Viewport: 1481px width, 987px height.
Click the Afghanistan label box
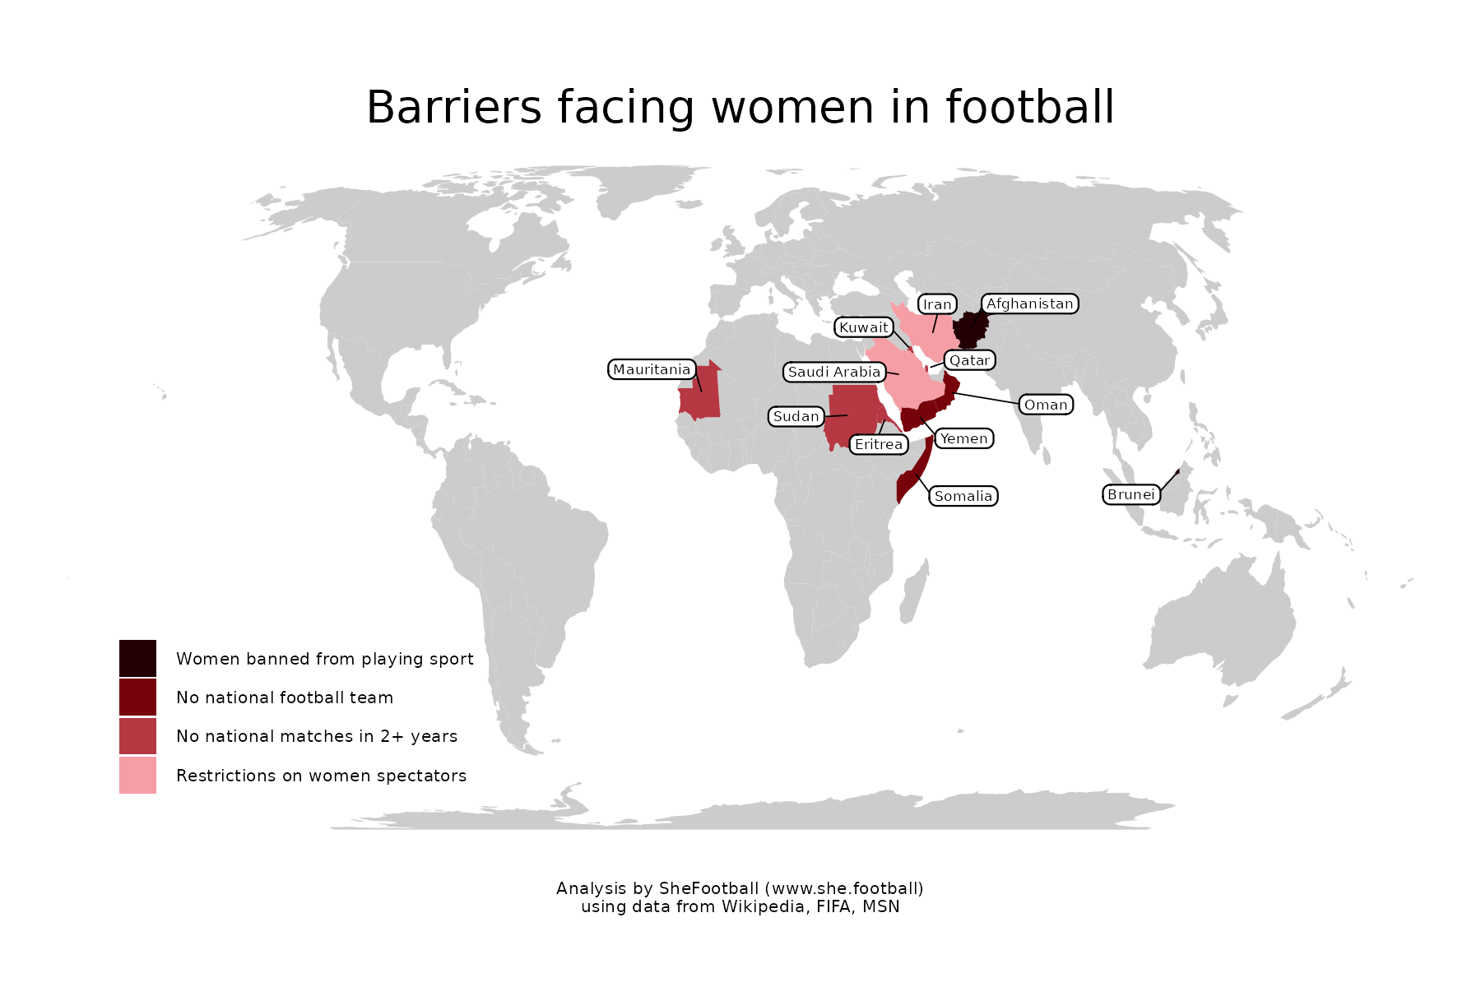[1029, 304]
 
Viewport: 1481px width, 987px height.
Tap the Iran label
[937, 304]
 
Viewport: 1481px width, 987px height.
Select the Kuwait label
[864, 327]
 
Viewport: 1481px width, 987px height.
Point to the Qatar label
[969, 360]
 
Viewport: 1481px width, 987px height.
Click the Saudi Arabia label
[834, 372]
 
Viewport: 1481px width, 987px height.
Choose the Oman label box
[1046, 405]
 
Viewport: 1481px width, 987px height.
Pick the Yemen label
[963, 438]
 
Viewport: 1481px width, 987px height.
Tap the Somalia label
[963, 496]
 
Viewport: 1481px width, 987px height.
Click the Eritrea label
[879, 444]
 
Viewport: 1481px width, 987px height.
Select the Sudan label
[796, 416]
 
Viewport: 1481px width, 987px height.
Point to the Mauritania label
[652, 369]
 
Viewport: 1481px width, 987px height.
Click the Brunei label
[1131, 494]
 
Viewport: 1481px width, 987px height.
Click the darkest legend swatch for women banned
[137, 658]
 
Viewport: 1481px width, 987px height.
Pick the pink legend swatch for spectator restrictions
[137, 775]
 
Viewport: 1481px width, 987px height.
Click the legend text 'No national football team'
[285, 697]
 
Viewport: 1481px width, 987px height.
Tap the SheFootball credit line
[740, 888]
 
